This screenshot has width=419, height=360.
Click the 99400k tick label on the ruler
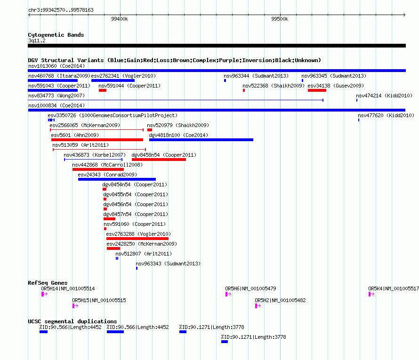120,19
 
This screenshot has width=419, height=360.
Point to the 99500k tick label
280,19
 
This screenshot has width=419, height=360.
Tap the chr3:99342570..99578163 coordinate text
61,10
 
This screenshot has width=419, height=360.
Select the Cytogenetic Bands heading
56,35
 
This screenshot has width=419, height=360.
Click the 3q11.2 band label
37,40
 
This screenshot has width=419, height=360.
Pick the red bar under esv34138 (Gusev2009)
317,90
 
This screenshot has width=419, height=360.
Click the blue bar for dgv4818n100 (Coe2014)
201,140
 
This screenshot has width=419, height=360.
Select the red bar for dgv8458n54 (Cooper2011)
159,160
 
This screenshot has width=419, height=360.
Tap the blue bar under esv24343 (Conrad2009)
117,179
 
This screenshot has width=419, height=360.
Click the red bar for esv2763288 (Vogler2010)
137,239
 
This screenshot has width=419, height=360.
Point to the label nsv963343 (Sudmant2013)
168,264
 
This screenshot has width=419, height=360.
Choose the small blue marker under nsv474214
357,100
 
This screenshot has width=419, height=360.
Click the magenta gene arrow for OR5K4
371,294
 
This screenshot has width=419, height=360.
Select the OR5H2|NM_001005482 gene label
280,300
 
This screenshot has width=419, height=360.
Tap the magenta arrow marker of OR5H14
44,294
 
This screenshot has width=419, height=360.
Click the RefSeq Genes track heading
48,283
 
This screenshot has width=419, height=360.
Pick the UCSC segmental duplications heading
73,321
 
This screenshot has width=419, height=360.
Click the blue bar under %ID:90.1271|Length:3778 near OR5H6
225,342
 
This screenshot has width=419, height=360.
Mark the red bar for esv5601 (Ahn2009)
97,140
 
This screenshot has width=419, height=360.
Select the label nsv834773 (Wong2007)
56,96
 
